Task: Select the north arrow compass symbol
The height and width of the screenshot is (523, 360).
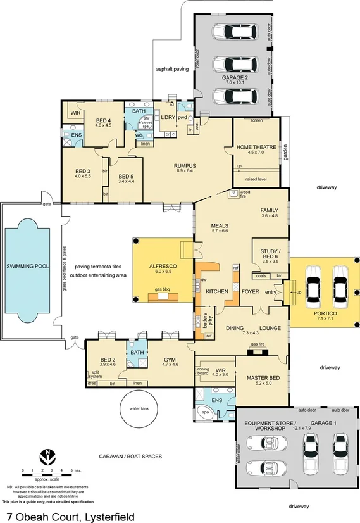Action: coord(46,456)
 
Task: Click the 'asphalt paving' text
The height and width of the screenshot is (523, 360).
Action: coord(173,68)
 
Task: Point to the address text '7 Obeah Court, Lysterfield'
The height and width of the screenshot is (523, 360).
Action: coord(71,517)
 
